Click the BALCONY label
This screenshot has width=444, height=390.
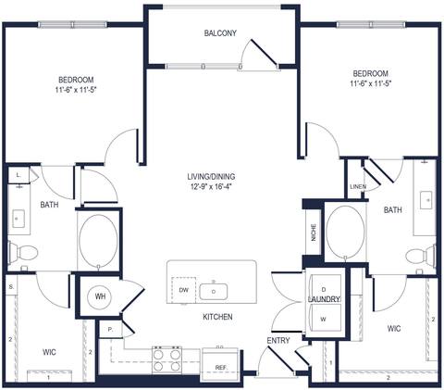click(x=220, y=33)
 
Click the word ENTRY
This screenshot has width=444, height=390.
click(x=278, y=341)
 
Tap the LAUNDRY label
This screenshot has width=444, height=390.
click(x=325, y=299)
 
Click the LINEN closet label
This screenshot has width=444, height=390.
click(x=358, y=185)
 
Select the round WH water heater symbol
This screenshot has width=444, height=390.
click(x=100, y=296)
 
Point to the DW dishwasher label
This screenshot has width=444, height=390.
click(x=182, y=289)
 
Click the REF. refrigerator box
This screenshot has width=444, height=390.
click(x=221, y=366)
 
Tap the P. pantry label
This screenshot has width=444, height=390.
click(x=110, y=329)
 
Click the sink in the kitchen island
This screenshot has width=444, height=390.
click(x=214, y=291)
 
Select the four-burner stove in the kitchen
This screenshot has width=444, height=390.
click(x=166, y=359)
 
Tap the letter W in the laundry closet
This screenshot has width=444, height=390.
click(x=324, y=320)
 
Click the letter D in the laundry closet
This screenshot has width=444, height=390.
click(x=324, y=288)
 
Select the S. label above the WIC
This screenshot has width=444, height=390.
click(x=10, y=287)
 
